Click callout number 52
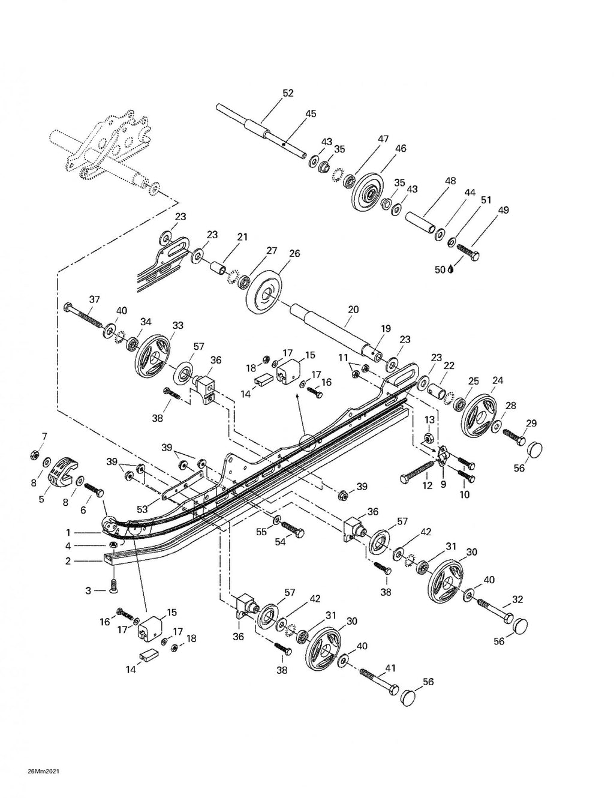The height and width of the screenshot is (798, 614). tap(288, 93)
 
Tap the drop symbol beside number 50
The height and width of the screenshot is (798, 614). tap(451, 269)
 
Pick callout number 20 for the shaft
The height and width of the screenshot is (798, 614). tap(353, 310)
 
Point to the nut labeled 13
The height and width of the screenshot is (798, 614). tap(428, 438)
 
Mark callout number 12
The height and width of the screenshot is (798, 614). tap(428, 485)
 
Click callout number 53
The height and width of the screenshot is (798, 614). tap(142, 509)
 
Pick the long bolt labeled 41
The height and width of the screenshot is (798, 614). tap(380, 679)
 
